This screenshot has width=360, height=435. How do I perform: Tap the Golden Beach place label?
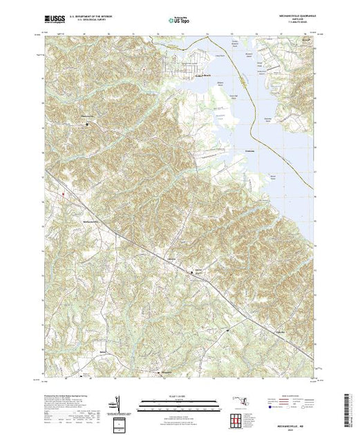tap(202, 75)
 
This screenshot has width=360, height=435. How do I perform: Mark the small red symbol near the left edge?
tap(63, 194)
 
